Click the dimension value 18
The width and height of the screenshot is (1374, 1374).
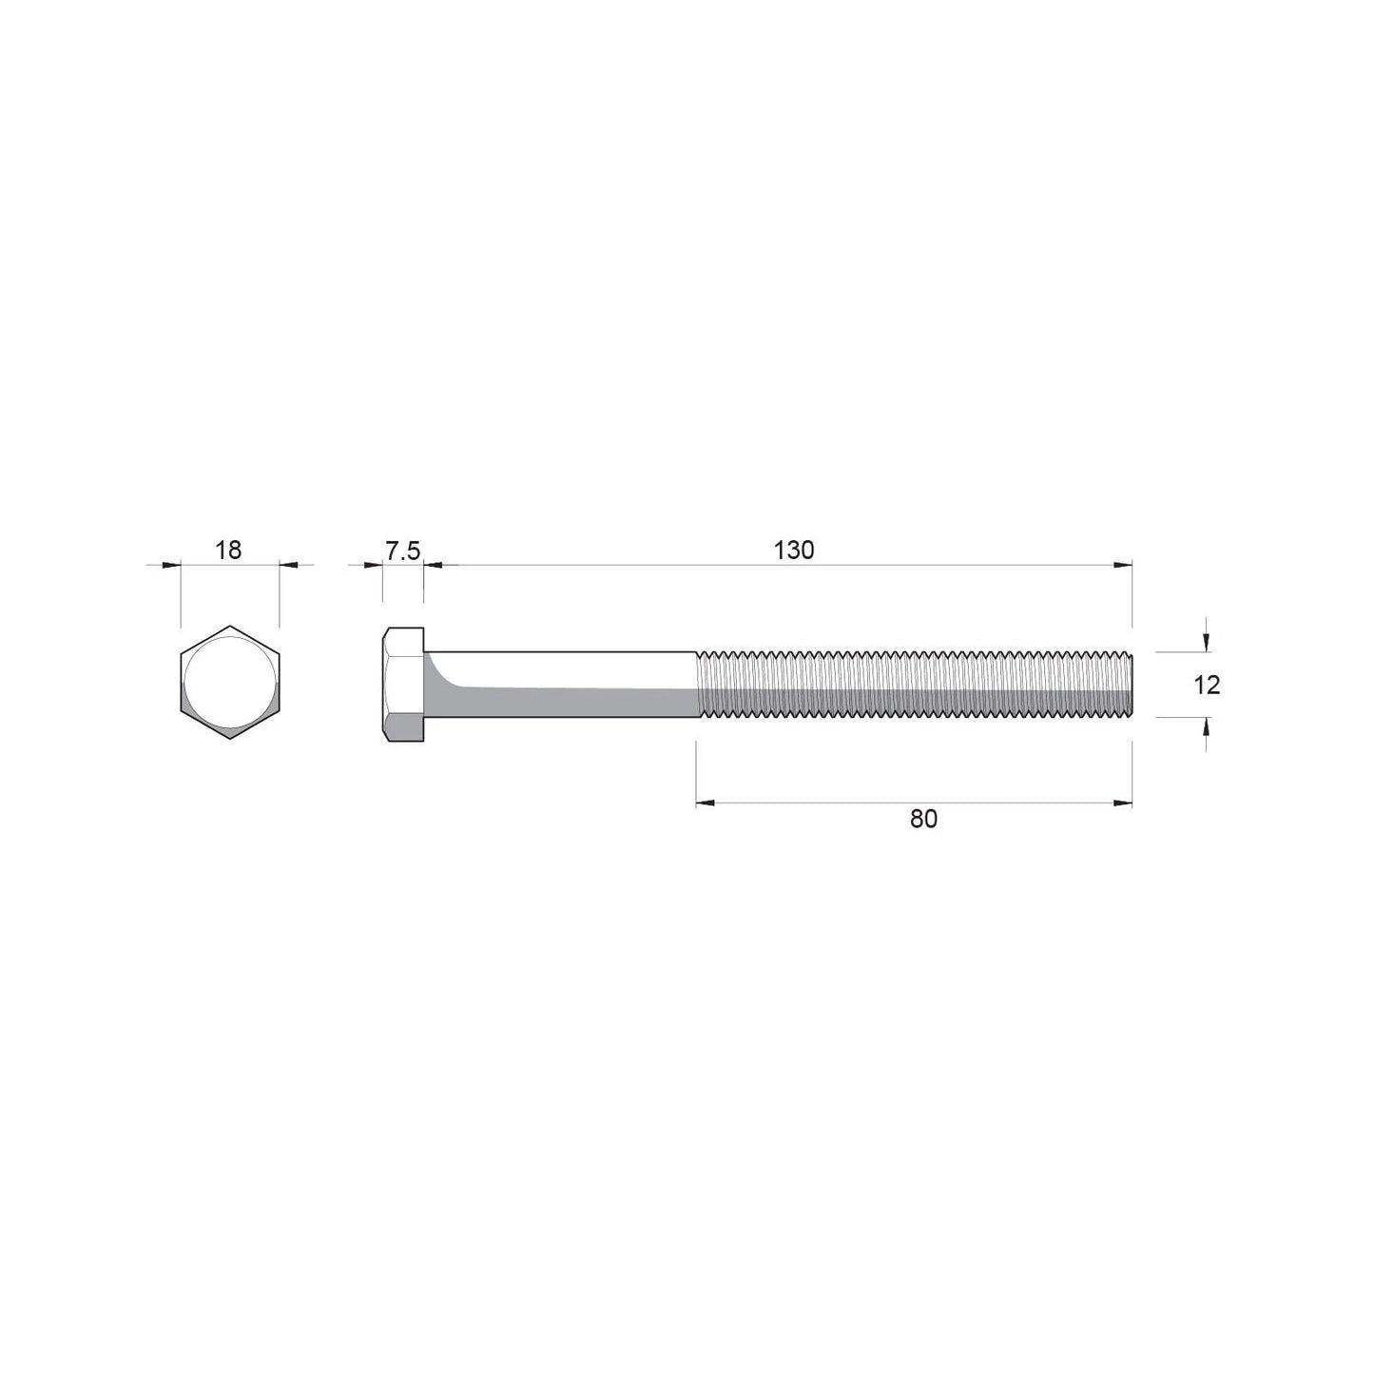click(229, 550)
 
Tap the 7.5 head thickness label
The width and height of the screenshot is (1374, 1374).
click(402, 550)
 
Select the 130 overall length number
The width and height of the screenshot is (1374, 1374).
click(794, 550)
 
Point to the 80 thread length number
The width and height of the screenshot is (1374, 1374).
click(923, 819)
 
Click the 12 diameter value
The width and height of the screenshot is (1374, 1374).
click(1206, 685)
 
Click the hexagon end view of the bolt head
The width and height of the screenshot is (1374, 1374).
click(230, 683)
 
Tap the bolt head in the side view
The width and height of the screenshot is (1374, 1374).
click(403, 685)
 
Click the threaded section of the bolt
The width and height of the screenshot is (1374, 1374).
click(913, 685)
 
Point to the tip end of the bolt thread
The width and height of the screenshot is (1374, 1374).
click(1129, 685)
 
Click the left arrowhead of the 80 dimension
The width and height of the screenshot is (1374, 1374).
click(705, 803)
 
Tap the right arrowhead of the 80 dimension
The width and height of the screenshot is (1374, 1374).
click(1123, 803)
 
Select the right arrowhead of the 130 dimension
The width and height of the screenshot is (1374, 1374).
click(1123, 565)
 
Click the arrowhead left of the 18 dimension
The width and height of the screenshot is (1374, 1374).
click(171, 565)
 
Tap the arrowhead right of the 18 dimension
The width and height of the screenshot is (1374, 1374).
click(288, 565)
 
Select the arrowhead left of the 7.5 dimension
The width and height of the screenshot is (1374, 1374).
click(373, 565)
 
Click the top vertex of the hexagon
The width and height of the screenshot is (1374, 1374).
click(230, 627)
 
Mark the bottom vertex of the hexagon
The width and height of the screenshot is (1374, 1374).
click(230, 739)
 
